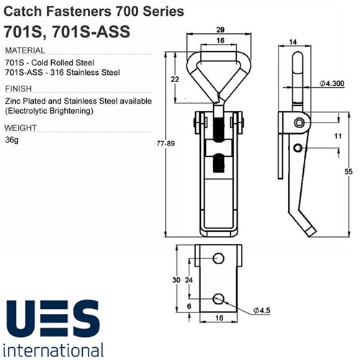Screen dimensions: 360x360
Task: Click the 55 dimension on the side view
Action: pos(348,171)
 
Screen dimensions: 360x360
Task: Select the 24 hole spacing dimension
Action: pos(189,279)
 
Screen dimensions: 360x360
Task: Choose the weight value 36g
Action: pos(12,140)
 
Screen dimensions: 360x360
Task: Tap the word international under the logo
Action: pos(55,351)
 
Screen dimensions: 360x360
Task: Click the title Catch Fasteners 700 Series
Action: pos(89,12)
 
